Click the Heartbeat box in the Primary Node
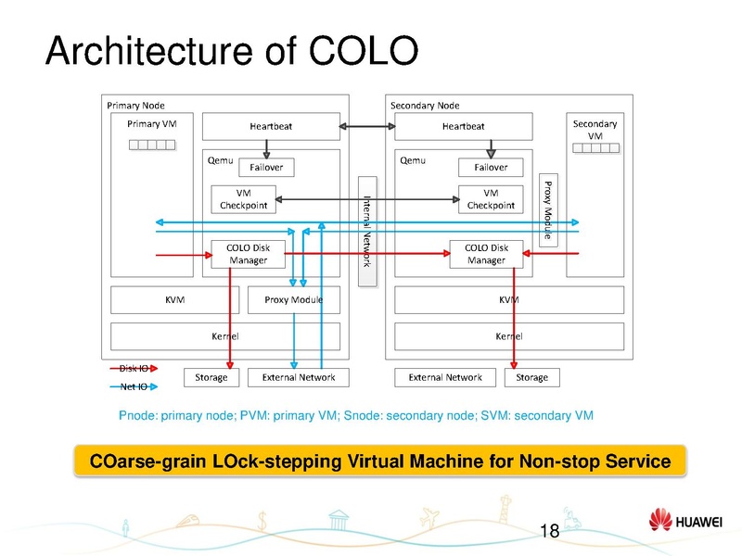[x=269, y=126]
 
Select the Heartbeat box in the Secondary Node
[x=463, y=126]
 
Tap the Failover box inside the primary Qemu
[x=266, y=167]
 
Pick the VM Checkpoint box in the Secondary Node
[x=491, y=198]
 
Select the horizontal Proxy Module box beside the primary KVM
[x=293, y=300]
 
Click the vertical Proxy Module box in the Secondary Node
[x=548, y=208]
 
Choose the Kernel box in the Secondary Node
[x=508, y=336]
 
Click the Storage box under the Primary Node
[x=211, y=377]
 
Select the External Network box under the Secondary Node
[x=445, y=377]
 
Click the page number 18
[x=549, y=531]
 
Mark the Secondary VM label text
[x=595, y=130]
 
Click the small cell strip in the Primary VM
[x=151, y=145]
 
